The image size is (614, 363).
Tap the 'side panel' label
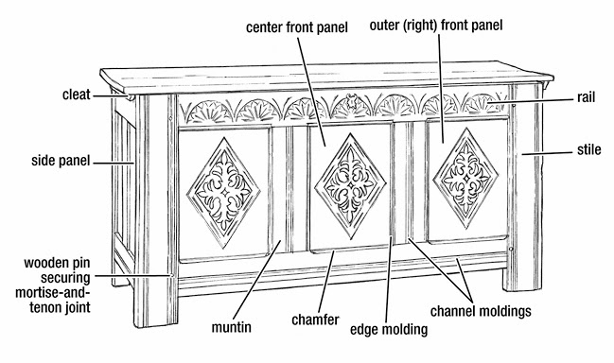(59, 162)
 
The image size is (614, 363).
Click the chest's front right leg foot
(523, 282)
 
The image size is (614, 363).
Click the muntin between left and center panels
(290, 189)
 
